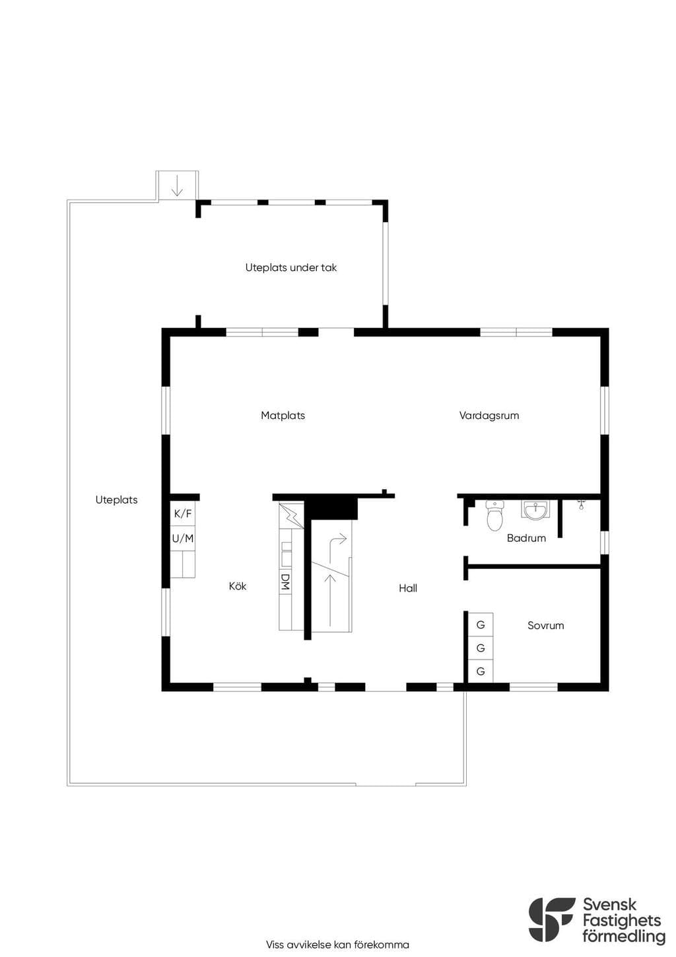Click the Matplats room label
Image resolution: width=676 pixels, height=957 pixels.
(283, 415)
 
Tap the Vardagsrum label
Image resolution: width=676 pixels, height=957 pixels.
(489, 415)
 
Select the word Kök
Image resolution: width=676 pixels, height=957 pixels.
(238, 586)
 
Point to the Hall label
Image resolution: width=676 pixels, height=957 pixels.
(408, 588)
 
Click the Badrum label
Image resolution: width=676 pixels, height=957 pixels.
(526, 538)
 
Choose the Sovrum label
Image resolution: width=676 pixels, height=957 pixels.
(546, 625)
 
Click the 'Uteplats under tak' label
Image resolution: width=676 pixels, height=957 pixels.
(291, 268)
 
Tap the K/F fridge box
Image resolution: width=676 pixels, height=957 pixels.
(183, 514)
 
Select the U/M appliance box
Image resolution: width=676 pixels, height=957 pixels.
(183, 538)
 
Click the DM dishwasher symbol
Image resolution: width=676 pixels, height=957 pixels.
(285, 582)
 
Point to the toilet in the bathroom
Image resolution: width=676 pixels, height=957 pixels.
(494, 515)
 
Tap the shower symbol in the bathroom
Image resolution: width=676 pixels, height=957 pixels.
(581, 504)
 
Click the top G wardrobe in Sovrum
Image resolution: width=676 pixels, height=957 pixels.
(481, 625)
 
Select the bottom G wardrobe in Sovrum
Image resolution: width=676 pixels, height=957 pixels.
(481, 671)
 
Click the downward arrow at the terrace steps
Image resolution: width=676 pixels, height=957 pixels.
(177, 186)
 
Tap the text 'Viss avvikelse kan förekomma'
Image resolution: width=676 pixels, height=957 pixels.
(337, 944)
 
